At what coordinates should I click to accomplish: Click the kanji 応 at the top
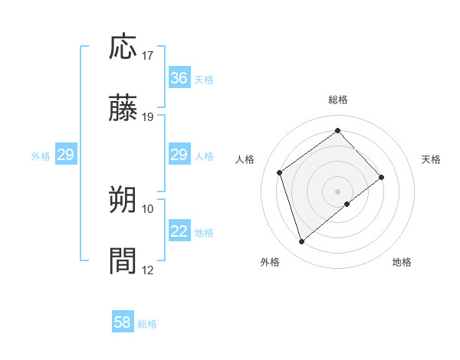123,47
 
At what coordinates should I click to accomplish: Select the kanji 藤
123,110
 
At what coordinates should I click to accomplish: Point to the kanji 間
123,262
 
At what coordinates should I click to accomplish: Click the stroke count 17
148,55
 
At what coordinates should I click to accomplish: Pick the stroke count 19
148,117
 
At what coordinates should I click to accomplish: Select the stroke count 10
148,208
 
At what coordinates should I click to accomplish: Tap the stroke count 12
148,270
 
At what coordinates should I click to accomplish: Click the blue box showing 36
179,78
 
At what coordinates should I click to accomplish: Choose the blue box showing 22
179,231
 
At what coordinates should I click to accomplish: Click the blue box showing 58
123,323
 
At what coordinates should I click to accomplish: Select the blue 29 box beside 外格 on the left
65,155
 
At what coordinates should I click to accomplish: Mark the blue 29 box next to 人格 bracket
179,155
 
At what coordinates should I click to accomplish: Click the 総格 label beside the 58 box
147,324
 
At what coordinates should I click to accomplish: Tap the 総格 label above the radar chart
338,100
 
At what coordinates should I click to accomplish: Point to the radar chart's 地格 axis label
402,262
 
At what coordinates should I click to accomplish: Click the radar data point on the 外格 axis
301,242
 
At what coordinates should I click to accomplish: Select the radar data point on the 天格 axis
382,177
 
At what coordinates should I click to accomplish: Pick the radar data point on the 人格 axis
280,172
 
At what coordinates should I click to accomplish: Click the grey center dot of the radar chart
338,191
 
